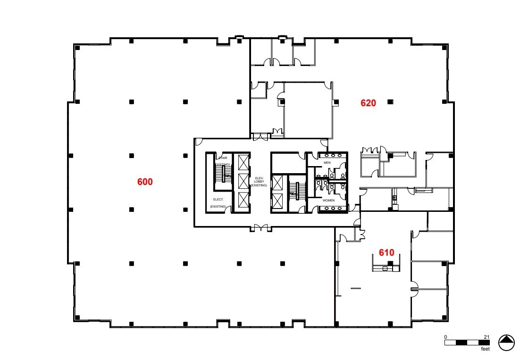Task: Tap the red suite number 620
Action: [368, 103]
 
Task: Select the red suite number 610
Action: [386, 252]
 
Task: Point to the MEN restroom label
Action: [327, 163]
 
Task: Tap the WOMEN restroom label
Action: [328, 201]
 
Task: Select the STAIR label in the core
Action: [223, 158]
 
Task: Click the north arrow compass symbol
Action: [506, 342]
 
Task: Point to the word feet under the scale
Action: [485, 349]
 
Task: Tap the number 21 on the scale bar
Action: [486, 336]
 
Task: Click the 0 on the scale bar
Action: [445, 336]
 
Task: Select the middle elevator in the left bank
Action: [243, 182]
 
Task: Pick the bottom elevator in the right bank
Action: [278, 200]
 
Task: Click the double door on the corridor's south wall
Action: [261, 229]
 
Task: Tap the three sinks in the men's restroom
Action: [333, 155]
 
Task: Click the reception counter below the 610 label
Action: [386, 268]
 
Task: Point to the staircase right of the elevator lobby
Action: [294, 188]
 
